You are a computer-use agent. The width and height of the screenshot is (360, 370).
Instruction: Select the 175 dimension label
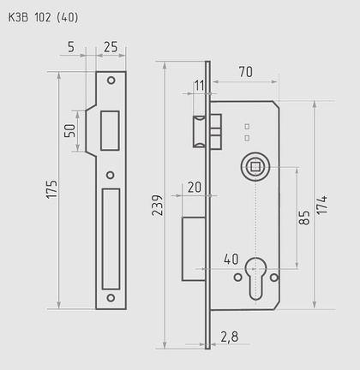[52, 190]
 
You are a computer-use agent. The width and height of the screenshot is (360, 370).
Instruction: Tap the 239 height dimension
[156, 206]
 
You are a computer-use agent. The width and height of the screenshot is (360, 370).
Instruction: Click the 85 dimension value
[303, 218]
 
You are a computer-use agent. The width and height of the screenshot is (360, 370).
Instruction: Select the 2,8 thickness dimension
[229, 337]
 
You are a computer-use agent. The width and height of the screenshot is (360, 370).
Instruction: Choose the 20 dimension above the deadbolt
[194, 187]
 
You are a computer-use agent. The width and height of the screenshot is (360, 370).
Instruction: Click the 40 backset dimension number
[231, 258]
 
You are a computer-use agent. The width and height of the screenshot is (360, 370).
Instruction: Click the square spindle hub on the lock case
[255, 164]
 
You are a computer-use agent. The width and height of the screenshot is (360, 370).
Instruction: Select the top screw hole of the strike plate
[111, 81]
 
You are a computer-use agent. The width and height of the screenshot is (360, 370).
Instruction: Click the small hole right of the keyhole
[274, 277]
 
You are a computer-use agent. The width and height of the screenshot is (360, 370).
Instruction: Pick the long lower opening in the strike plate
[111, 239]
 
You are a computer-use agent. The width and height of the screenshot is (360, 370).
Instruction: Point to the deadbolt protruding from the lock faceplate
[193, 248]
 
